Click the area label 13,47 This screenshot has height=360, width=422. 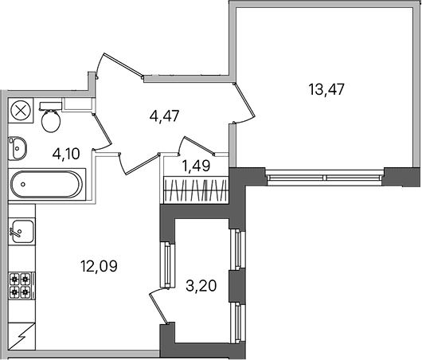pyautogui.click(x=326, y=90)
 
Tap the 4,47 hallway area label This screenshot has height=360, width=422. pyautogui.click(x=165, y=116)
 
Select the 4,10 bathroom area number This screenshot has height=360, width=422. pyautogui.click(x=66, y=154)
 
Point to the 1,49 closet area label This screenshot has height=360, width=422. pyautogui.click(x=196, y=166)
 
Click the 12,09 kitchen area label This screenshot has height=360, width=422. pyautogui.click(x=99, y=266)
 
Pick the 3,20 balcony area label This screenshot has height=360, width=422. pyautogui.click(x=201, y=286)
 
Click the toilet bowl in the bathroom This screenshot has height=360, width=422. pyautogui.click(x=51, y=118)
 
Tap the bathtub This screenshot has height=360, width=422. pyautogui.click(x=46, y=185)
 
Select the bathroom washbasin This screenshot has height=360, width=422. pyautogui.click(x=18, y=148)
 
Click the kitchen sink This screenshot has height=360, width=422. pyautogui.click(x=22, y=231)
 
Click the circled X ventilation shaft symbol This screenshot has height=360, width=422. pyautogui.click(x=21, y=111)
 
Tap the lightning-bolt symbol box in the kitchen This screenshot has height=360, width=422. pyautogui.click(x=21, y=336)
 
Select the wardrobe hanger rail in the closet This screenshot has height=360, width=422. pyautogui.click(x=196, y=190)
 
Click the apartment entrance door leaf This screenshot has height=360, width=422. pyautogui.click(x=123, y=65)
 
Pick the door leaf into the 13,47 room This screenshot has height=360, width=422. pyautogui.click(x=244, y=100)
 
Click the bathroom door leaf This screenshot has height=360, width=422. pyautogui.click(x=102, y=129)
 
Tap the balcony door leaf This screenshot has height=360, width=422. pyautogui.click(x=158, y=308)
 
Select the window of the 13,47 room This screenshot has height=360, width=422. pyautogui.click(x=324, y=178)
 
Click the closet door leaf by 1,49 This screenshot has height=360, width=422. pyautogui.click(x=199, y=146)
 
